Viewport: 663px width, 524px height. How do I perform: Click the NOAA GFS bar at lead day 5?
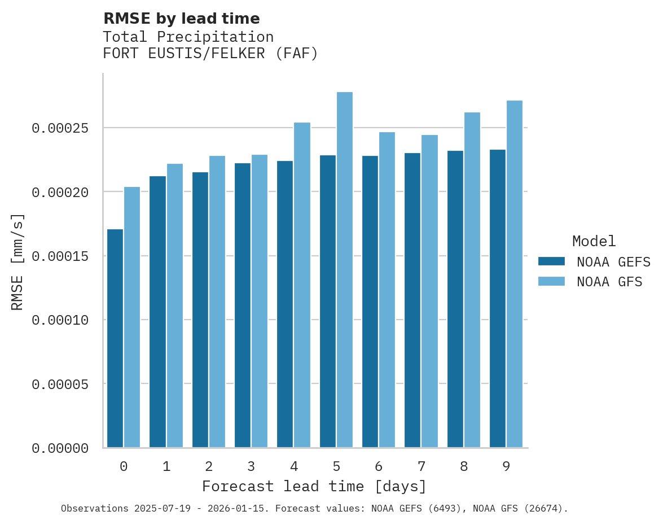(345, 270)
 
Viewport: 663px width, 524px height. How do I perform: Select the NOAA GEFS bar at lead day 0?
(115, 338)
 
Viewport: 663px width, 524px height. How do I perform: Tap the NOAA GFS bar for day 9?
(515, 274)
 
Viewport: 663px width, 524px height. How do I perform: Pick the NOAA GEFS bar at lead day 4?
(285, 304)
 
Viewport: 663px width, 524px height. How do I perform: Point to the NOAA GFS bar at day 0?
(132, 317)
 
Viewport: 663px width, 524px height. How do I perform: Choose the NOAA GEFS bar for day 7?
(412, 300)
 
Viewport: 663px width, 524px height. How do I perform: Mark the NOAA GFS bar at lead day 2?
(217, 302)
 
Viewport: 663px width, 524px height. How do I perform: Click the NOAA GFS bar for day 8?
(472, 280)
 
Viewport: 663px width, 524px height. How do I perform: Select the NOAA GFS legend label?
(609, 282)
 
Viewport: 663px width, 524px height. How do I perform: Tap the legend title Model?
(594, 241)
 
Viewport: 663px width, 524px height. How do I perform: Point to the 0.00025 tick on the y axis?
(60, 128)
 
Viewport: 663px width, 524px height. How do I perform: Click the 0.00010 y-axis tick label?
(60, 320)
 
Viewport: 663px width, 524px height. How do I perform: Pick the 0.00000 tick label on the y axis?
(60, 448)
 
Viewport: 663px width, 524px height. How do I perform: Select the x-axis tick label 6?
(379, 466)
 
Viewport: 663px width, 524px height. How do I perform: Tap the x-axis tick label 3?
(251, 466)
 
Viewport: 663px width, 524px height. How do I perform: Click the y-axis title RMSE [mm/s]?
(17, 261)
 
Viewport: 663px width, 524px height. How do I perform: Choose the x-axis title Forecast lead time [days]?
(314, 486)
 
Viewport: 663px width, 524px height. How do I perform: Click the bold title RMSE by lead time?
(181, 19)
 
